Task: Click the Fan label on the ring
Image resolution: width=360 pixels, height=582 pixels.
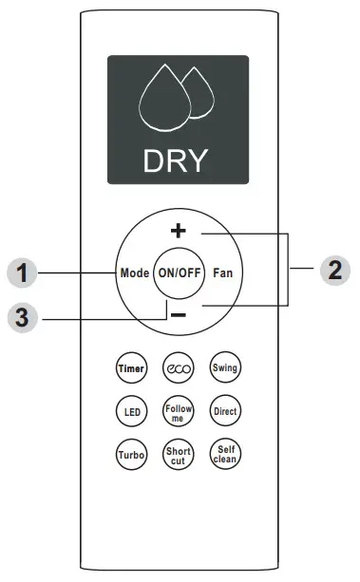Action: (223, 273)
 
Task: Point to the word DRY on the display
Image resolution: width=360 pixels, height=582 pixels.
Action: (176, 160)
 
